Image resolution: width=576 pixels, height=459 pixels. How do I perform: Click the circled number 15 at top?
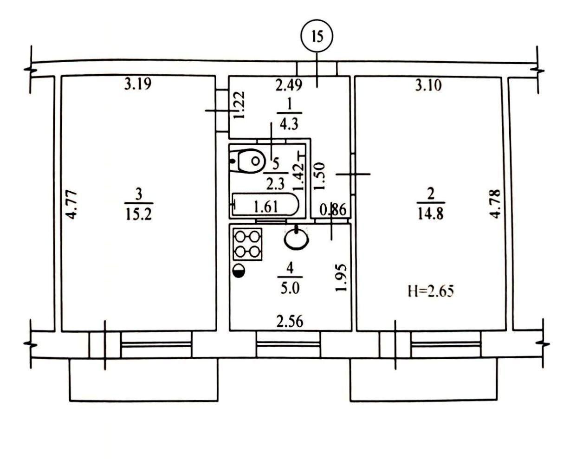[317, 36]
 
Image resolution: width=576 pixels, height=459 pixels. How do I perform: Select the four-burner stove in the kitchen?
[247, 244]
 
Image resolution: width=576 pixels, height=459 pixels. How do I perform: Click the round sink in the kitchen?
[296, 239]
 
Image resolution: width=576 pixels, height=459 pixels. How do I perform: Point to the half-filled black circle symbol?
[239, 271]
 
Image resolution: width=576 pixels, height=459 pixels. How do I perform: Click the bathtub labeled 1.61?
[265, 204]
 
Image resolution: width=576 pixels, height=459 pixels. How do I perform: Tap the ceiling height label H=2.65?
[431, 291]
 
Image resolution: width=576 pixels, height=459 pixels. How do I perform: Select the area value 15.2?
[139, 214]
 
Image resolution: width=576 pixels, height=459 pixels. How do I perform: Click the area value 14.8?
[431, 213]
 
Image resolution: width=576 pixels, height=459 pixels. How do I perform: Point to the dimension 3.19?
[138, 84]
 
